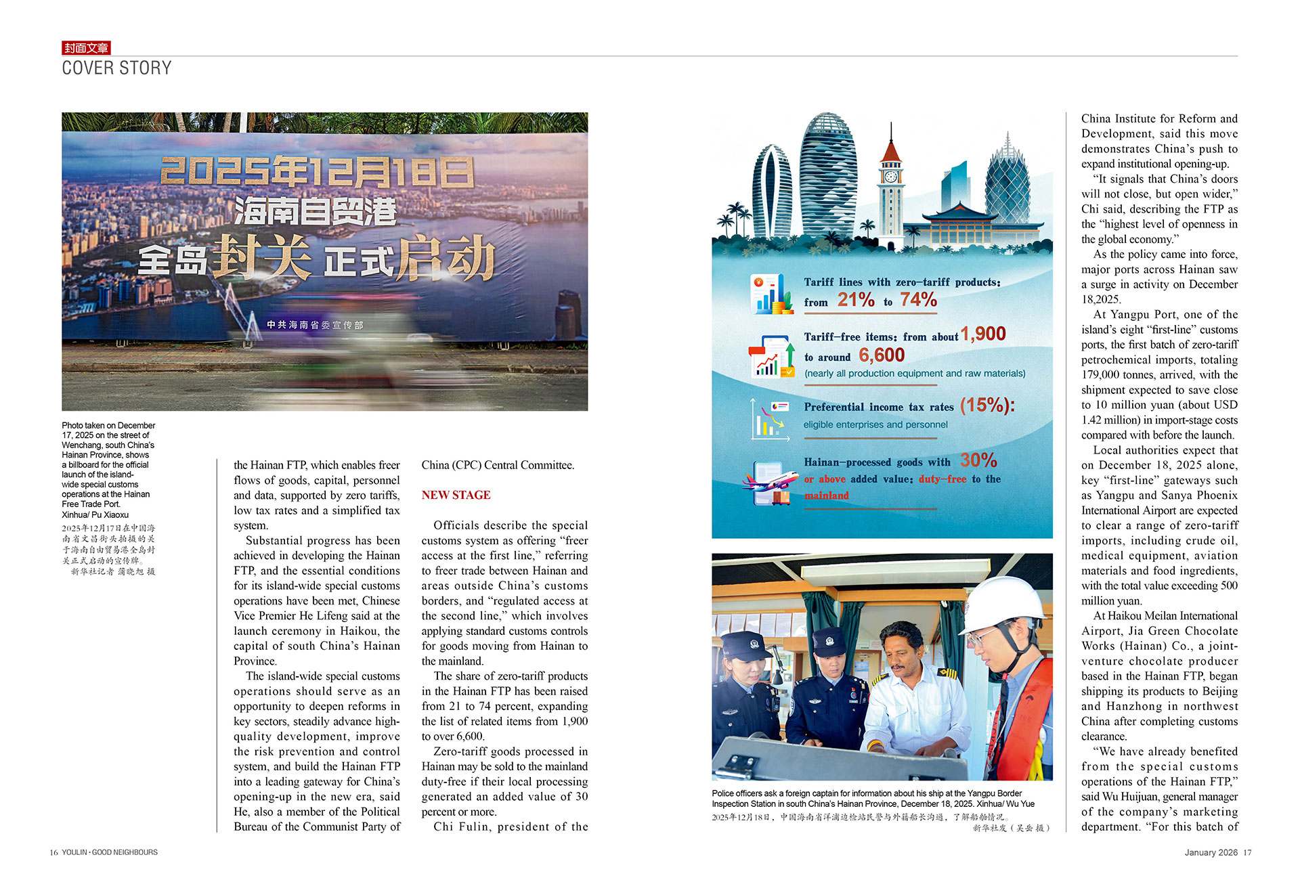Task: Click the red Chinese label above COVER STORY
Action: [x=86, y=48]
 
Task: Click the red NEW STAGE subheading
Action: [x=456, y=495]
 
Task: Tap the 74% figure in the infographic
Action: [x=918, y=300]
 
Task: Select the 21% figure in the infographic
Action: [x=856, y=300]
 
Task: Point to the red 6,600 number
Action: [x=882, y=355]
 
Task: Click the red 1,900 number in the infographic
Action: [x=983, y=334]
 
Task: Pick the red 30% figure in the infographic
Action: [x=978, y=461]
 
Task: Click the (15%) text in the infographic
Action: [x=987, y=405]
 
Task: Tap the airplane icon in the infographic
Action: [x=770, y=482]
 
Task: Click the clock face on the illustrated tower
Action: [x=891, y=177]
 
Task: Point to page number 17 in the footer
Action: [x=1247, y=853]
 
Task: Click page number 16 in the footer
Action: [x=53, y=853]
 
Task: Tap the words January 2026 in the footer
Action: [x=1211, y=853]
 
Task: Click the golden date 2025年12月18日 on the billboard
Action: [x=316, y=173]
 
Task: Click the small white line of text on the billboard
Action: [x=315, y=325]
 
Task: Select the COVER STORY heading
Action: [x=116, y=68]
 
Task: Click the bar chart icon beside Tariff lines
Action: [x=772, y=294]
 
